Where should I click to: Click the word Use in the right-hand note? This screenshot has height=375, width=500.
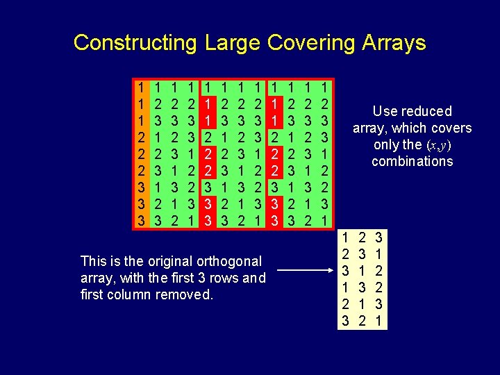[384, 111]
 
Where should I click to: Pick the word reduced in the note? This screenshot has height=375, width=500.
[425, 111]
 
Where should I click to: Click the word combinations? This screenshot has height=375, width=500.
[412, 162]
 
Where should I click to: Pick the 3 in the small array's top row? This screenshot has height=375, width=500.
[378, 238]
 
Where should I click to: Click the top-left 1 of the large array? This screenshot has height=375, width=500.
[141, 89]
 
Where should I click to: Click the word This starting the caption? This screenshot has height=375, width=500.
[93, 262]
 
